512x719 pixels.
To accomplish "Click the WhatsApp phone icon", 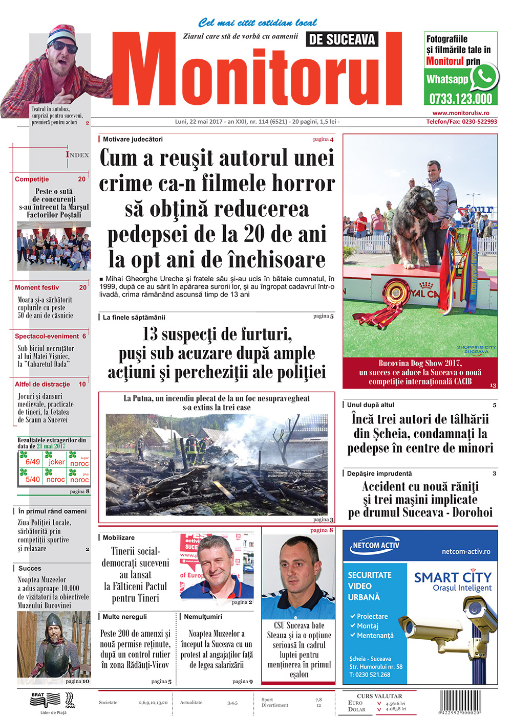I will click(483, 77).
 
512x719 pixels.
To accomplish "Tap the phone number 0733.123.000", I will click(460, 98).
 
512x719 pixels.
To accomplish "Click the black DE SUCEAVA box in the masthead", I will click(343, 39).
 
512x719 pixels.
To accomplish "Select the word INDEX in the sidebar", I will click(77, 154).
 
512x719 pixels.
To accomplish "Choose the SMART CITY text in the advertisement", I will click(453, 577).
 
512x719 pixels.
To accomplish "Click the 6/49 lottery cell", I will click(32, 461).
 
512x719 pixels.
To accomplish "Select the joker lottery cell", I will click(56, 461).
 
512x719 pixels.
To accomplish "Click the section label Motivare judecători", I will click(133, 139).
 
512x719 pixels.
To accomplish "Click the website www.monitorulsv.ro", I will click(461, 113).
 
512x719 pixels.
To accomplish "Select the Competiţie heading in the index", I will click(32, 179).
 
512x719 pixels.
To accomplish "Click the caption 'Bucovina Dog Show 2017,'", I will click(420, 363).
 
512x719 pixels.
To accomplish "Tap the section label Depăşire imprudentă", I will click(379, 474).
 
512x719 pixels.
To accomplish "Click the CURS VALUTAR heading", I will click(379, 696).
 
